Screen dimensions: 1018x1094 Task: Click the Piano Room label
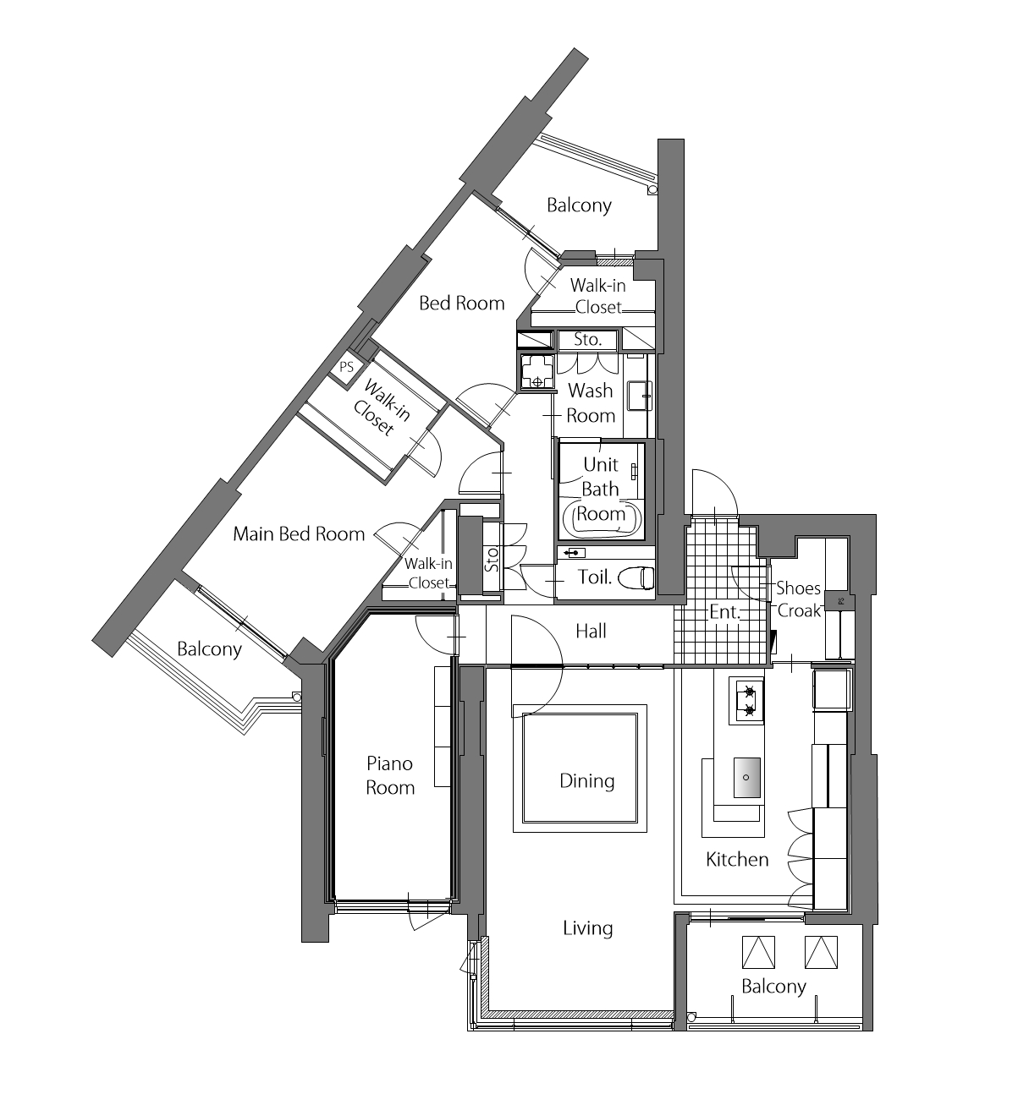[x=390, y=775]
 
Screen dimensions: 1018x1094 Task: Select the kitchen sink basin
[x=746, y=777]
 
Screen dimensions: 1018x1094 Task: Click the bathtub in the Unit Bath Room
[x=602, y=517]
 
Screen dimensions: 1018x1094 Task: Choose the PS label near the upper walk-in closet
[x=346, y=367]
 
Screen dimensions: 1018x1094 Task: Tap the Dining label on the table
[x=586, y=781]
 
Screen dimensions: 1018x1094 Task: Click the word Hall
[x=591, y=631]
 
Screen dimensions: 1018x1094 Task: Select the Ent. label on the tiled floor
[x=724, y=611]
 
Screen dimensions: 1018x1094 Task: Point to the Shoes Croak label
[x=799, y=599]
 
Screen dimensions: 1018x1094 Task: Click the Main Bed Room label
[x=299, y=533]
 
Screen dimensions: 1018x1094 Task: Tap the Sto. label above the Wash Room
[x=587, y=339]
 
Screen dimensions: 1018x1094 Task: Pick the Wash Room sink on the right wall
[x=641, y=396]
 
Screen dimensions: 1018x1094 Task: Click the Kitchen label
[x=737, y=859]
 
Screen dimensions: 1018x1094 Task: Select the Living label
[x=588, y=928]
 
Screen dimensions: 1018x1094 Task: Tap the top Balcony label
[x=579, y=205]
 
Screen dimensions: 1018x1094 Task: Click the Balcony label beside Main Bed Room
[x=209, y=649]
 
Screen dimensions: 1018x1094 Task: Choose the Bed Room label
[x=461, y=303]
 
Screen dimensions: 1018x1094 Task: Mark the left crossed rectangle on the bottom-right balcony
[x=758, y=952]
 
